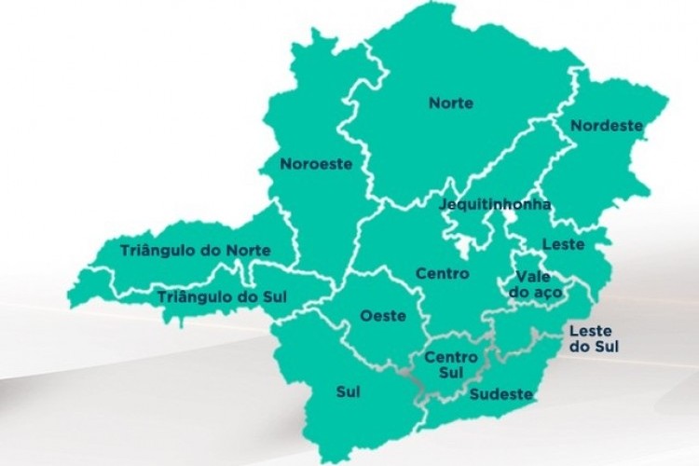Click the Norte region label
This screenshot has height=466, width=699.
pyautogui.click(x=450, y=103)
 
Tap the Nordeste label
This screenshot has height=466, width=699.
pyautogui.click(x=607, y=125)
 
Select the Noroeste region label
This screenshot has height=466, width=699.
pyautogui.click(x=316, y=164)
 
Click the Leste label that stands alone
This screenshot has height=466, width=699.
pyautogui.click(x=564, y=245)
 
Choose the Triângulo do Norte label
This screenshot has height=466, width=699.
pyautogui.click(x=196, y=251)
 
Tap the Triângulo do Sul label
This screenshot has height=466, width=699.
pyautogui.click(x=222, y=296)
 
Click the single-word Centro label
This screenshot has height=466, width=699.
pyautogui.click(x=442, y=274)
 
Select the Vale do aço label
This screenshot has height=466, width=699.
pyautogui.click(x=532, y=284)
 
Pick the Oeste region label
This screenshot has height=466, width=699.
pyautogui.click(x=383, y=316)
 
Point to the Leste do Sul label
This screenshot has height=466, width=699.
pyautogui.click(x=594, y=338)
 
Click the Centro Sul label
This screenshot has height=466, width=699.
pyautogui.click(x=451, y=364)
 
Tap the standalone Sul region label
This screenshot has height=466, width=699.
pyautogui.click(x=348, y=391)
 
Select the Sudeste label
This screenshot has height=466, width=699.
pyautogui.click(x=501, y=394)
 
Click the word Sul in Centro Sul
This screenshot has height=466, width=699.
pyautogui.click(x=451, y=373)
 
